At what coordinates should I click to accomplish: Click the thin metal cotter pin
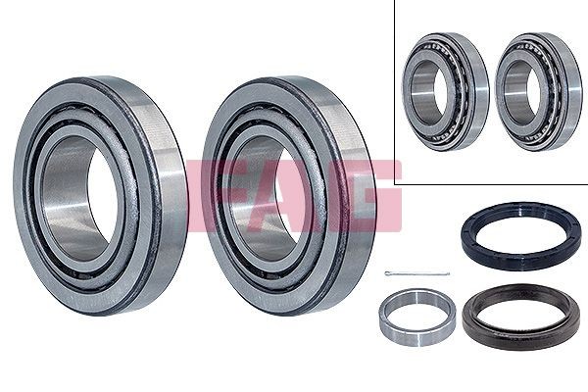(x=417, y=273)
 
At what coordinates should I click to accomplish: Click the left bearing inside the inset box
(x=446, y=92)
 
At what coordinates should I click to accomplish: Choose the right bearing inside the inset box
(x=539, y=92)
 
